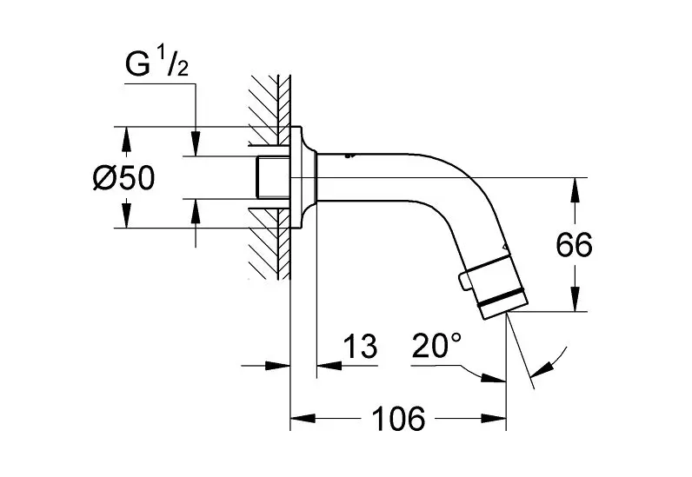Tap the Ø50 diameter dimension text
pos(123,178)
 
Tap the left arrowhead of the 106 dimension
pos(298,420)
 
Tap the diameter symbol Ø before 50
pos(104,178)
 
